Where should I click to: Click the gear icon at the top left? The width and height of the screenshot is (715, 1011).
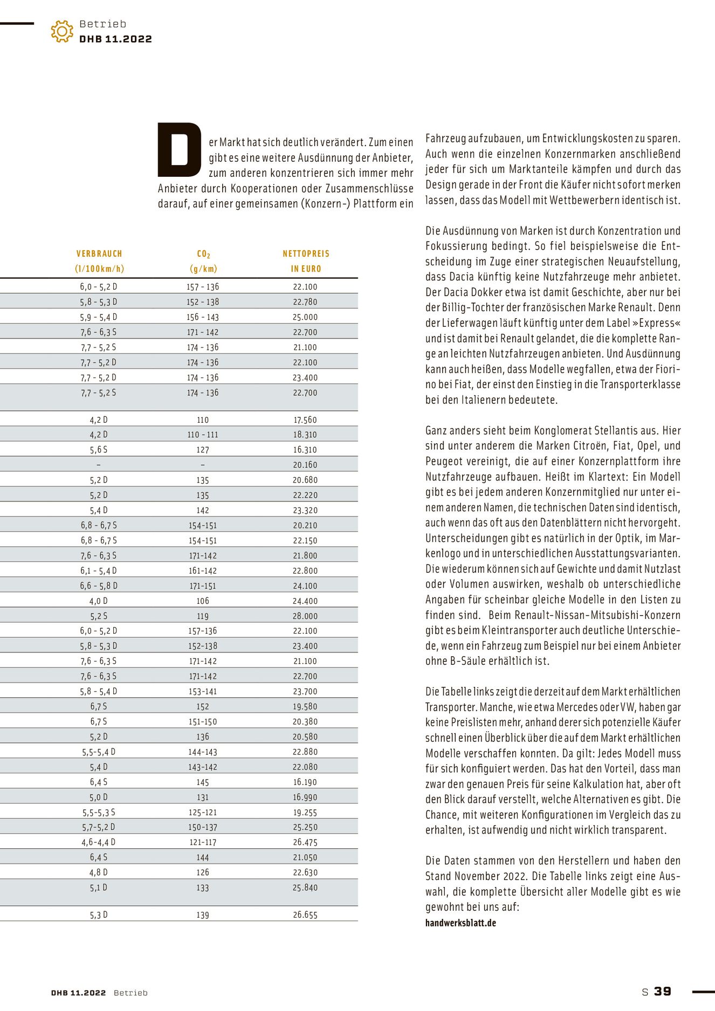point(62,31)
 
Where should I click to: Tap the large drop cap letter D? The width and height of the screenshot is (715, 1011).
point(179,150)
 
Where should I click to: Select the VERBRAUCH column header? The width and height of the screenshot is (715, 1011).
point(99,254)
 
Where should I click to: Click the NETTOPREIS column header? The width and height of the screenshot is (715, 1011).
point(306,254)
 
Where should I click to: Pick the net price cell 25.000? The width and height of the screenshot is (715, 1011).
point(305,317)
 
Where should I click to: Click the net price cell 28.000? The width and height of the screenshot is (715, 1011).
point(305,616)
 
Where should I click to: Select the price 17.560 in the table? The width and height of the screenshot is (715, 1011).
point(305,419)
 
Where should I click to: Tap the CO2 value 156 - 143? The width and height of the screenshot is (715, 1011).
point(203,317)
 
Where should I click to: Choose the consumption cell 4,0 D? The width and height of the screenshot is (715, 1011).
point(99,601)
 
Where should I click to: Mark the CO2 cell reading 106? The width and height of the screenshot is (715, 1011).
point(203,601)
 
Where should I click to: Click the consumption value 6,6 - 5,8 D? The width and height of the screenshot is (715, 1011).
point(99,586)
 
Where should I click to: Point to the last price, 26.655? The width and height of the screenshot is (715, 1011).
point(305,914)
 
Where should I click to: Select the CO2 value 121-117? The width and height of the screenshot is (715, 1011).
point(203,842)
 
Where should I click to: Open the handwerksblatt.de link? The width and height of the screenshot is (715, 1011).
point(460,923)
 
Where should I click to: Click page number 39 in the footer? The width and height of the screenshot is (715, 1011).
point(663,992)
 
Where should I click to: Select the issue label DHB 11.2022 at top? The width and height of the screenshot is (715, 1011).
point(115,39)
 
